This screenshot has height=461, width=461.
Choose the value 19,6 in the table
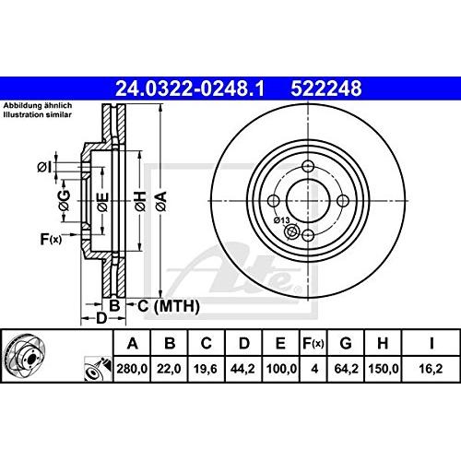coord(205,366)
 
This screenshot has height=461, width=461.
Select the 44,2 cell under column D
coord(243,366)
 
